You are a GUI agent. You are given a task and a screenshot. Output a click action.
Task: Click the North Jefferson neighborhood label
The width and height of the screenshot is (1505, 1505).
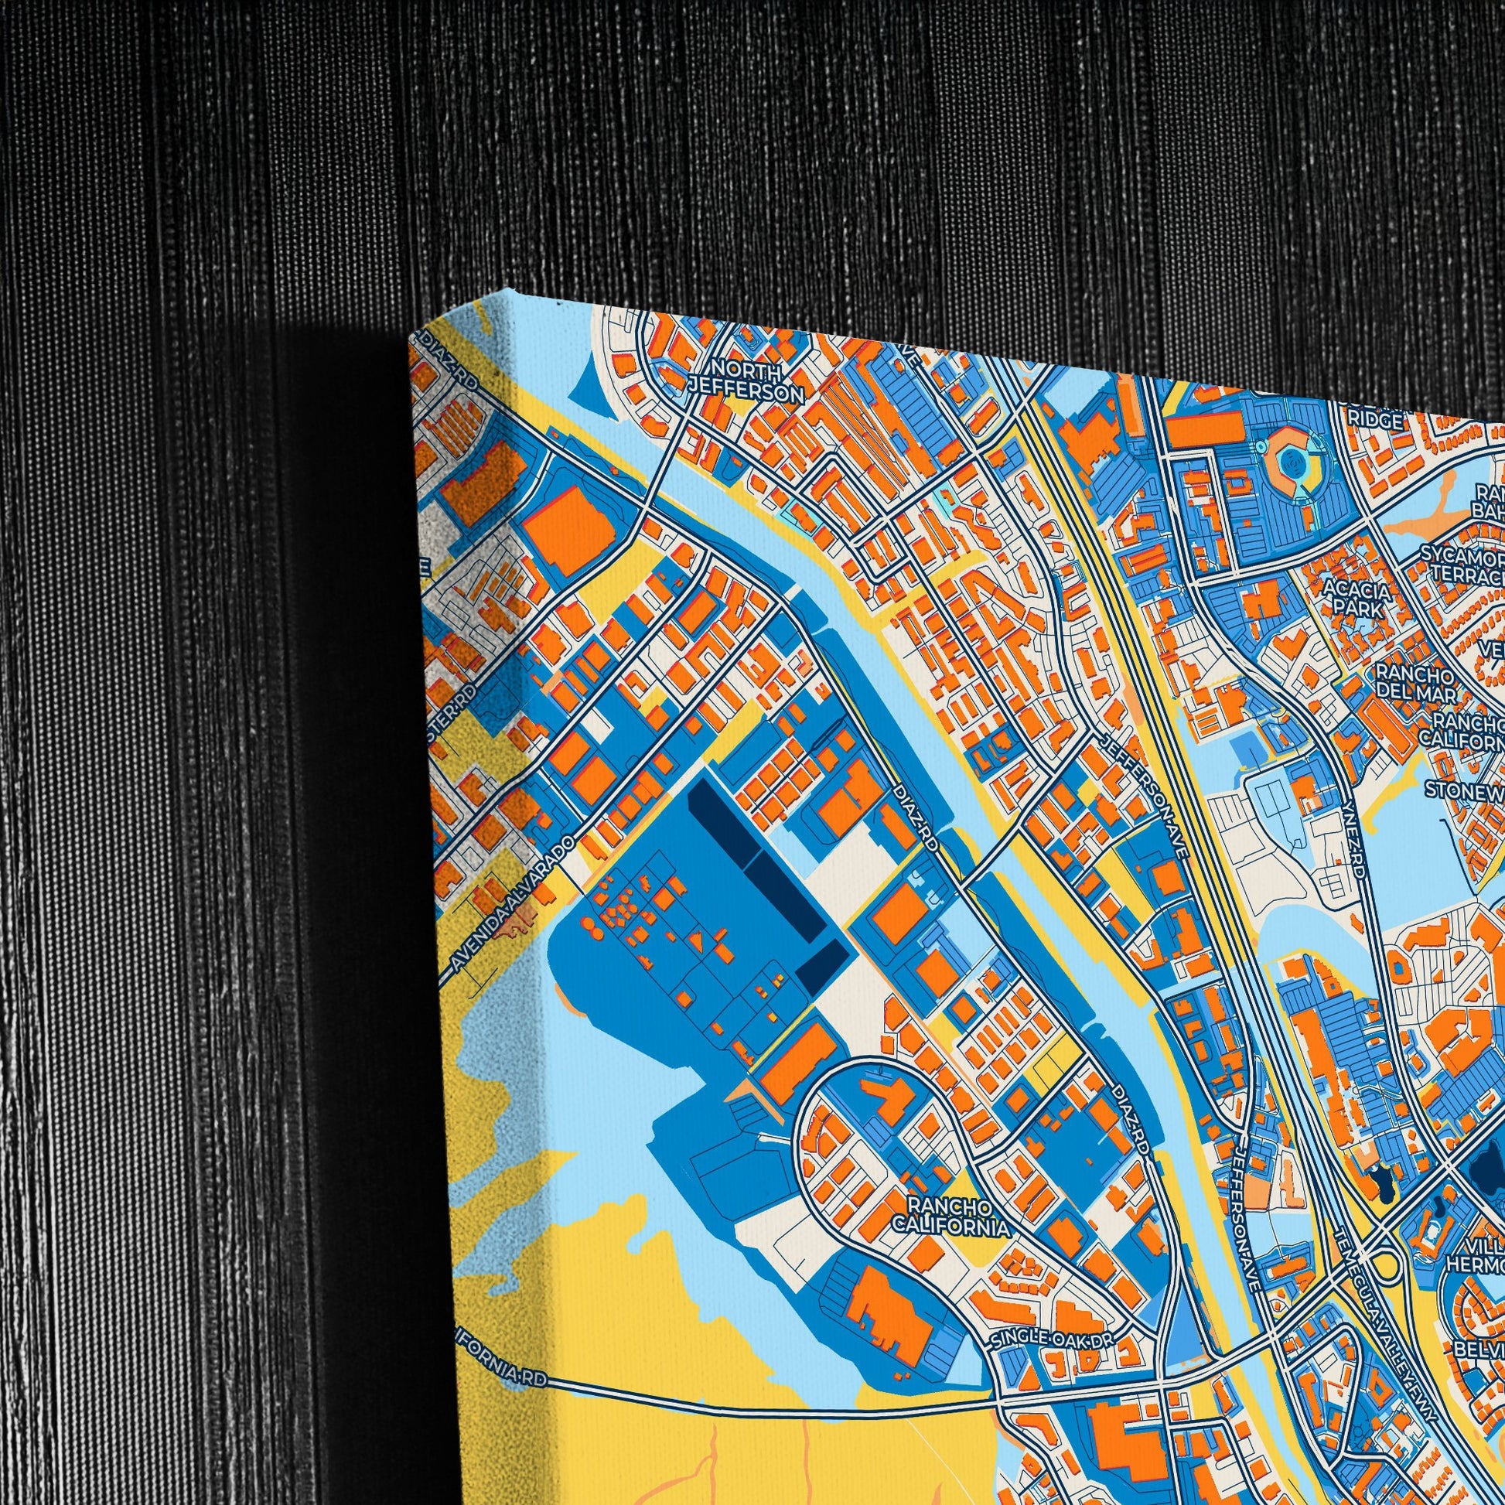[x=746, y=381]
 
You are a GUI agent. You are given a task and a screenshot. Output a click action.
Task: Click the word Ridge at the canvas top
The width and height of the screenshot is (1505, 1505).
[x=1380, y=421]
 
